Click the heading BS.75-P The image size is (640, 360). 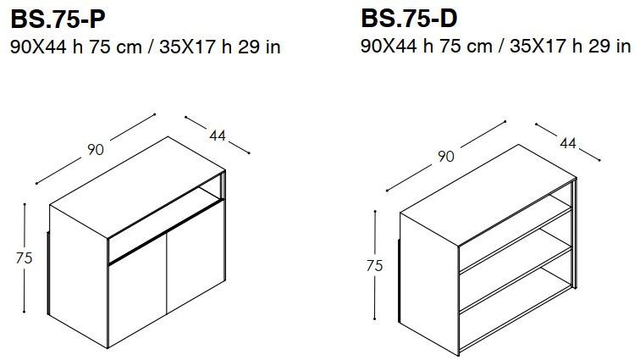[58, 19]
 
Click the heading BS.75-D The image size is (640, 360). [409, 19]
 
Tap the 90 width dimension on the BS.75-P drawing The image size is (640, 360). [96, 150]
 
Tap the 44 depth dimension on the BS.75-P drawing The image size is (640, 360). [217, 136]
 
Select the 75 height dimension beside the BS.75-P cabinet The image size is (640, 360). [24, 258]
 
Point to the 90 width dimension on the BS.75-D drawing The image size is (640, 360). [445, 156]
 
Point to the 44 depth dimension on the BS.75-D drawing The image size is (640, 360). [568, 142]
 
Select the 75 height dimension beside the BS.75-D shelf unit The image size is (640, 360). [374, 266]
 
